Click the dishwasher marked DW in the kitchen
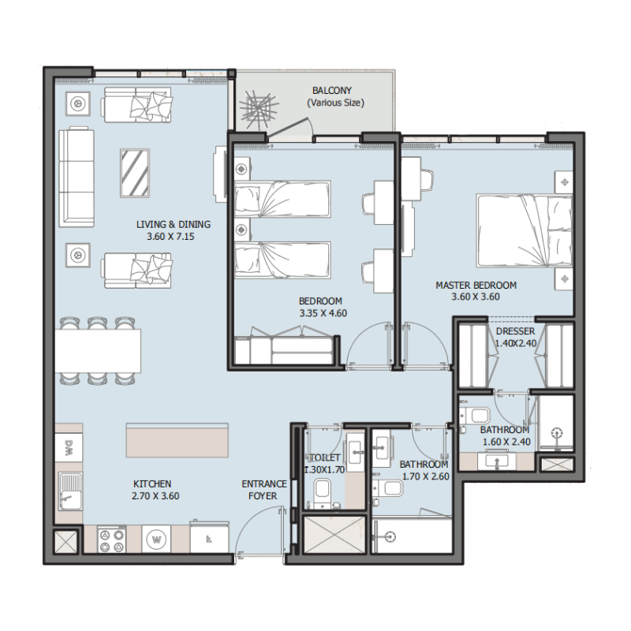point(68,447)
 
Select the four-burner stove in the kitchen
point(113,540)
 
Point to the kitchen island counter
point(177,440)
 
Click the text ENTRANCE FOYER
point(259,490)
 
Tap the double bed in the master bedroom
point(524,230)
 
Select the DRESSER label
point(515,332)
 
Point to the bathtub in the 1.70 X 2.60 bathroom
point(409,536)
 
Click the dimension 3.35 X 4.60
point(323,312)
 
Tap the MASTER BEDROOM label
point(476,286)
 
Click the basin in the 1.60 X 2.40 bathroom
point(498,461)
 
